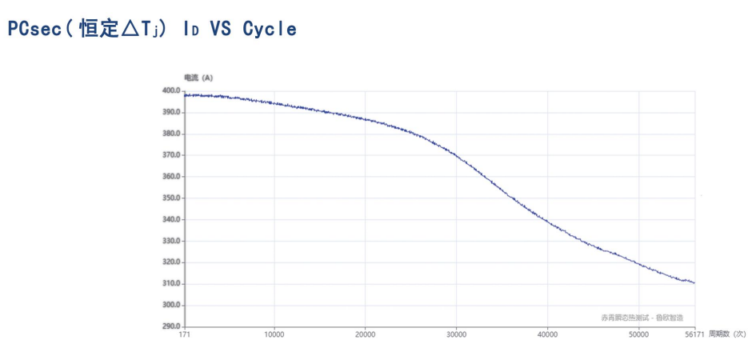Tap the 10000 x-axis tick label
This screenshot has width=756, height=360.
pyautogui.click(x=274, y=334)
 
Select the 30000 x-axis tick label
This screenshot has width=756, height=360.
pyautogui.click(x=457, y=334)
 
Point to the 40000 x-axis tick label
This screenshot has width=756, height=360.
pyautogui.click(x=547, y=334)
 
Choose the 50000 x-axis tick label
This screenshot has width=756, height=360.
pyautogui.click(x=638, y=334)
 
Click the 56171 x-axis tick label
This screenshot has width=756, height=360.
pyautogui.click(x=694, y=334)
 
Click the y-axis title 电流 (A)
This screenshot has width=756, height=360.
pyautogui.click(x=198, y=78)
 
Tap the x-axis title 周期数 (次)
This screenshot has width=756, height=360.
pyautogui.click(x=727, y=334)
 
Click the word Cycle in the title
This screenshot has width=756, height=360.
pyautogui.click(x=270, y=30)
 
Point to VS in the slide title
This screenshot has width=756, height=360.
pyautogui.click(x=218, y=30)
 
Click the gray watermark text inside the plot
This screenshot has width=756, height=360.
pyautogui.click(x=642, y=318)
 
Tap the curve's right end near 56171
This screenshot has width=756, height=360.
pyautogui.click(x=694, y=282)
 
